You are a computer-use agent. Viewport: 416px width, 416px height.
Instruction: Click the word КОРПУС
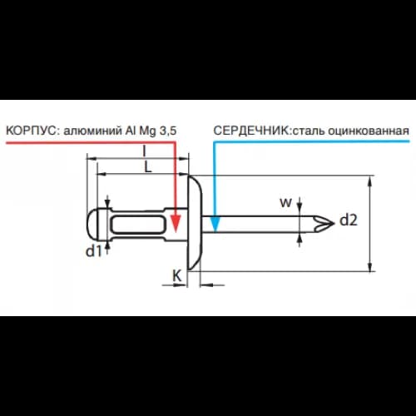pos(31,131)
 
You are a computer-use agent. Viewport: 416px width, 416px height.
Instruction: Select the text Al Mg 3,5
pos(151,131)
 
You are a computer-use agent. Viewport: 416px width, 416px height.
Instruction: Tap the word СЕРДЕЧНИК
pos(251,131)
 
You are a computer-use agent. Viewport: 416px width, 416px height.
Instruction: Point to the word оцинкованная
pos(369,131)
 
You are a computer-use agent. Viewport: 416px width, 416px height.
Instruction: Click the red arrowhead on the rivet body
pos(176,224)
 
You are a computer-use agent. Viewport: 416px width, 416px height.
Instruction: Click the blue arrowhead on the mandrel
pos(215,224)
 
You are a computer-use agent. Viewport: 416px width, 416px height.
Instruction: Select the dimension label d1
pos(94,251)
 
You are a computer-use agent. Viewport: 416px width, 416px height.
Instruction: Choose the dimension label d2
pos(349,220)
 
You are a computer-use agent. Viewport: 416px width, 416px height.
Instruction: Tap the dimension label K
pos(177,276)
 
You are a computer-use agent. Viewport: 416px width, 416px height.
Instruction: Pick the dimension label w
pos(285,203)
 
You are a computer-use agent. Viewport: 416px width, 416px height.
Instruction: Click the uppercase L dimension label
pos(148,167)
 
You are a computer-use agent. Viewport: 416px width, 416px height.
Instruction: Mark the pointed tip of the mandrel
pos(334,223)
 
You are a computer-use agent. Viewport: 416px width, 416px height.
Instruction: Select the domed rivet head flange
pos(195,223)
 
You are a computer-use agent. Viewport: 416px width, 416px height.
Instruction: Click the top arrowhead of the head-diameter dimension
pos(370,181)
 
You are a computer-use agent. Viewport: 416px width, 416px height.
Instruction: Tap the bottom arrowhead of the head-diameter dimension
pos(370,266)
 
